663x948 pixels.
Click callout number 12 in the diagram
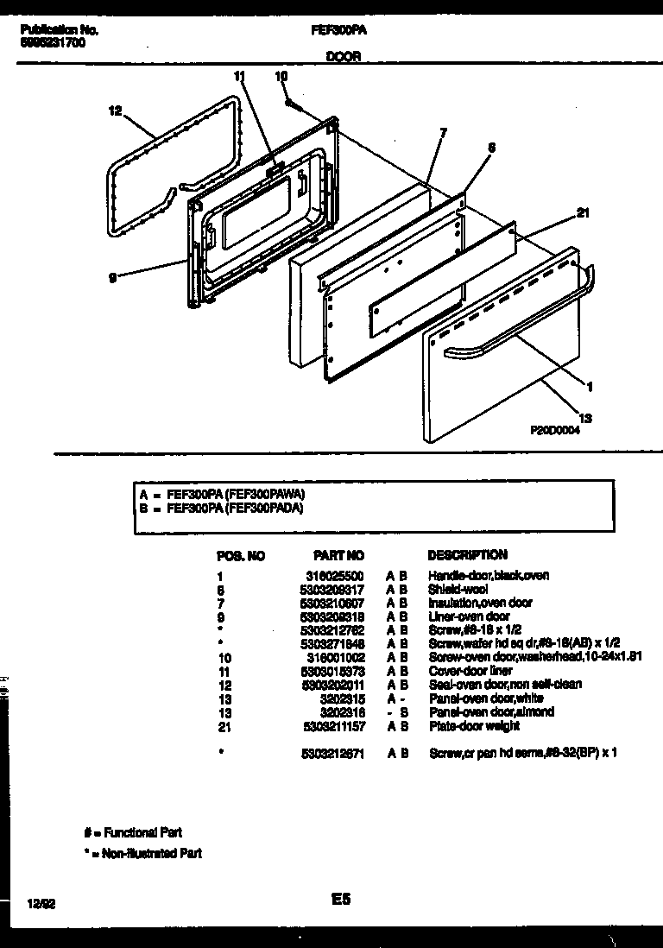[116, 110]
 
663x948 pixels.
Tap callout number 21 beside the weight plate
[582, 213]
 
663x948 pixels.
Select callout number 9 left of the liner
[113, 276]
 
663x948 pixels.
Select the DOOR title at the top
[343, 56]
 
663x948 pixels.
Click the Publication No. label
[58, 29]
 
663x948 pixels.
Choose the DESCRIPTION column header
[467, 554]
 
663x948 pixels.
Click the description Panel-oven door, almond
[490, 712]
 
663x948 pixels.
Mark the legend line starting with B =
[222, 509]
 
